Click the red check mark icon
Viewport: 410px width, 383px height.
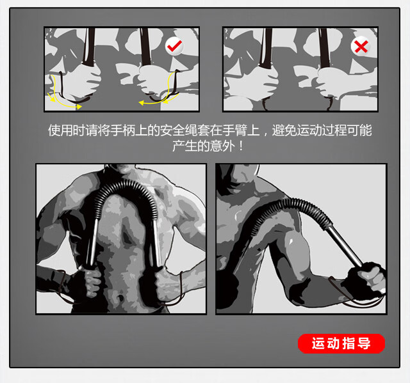pos(174,46)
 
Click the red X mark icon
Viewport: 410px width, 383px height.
pos(361,46)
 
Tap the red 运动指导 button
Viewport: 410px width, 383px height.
pos(341,343)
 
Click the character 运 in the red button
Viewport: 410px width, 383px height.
pos(318,343)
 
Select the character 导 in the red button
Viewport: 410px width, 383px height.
pos(364,343)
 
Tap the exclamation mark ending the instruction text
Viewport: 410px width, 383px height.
pos(241,146)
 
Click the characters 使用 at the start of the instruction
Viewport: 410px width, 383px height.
pos(60,130)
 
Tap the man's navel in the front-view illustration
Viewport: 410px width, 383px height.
pos(120,297)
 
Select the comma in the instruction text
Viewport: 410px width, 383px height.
pos(266,134)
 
